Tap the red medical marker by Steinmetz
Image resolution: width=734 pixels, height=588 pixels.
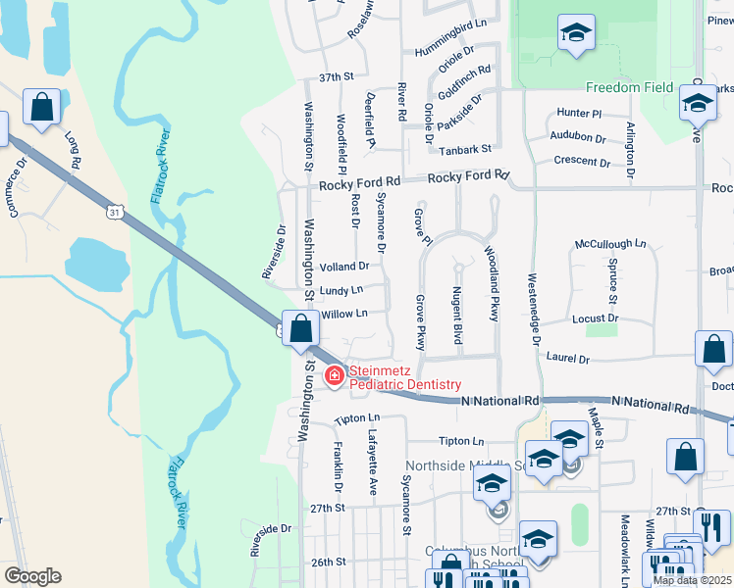[335, 374]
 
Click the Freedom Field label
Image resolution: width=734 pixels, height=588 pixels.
[630, 87]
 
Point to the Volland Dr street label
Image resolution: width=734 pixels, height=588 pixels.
[344, 266]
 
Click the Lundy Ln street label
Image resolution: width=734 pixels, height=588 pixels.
[341, 290]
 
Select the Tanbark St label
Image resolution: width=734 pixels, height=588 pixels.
[464, 150]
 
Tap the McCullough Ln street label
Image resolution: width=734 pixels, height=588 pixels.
[610, 243]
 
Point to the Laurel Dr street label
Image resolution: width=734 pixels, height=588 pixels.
[568, 360]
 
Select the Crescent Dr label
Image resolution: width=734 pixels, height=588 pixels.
[575, 161]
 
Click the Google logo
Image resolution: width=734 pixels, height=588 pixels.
[33, 575]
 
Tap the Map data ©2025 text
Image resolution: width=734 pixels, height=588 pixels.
[692, 580]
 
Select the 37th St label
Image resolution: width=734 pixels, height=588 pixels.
[336, 76]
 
